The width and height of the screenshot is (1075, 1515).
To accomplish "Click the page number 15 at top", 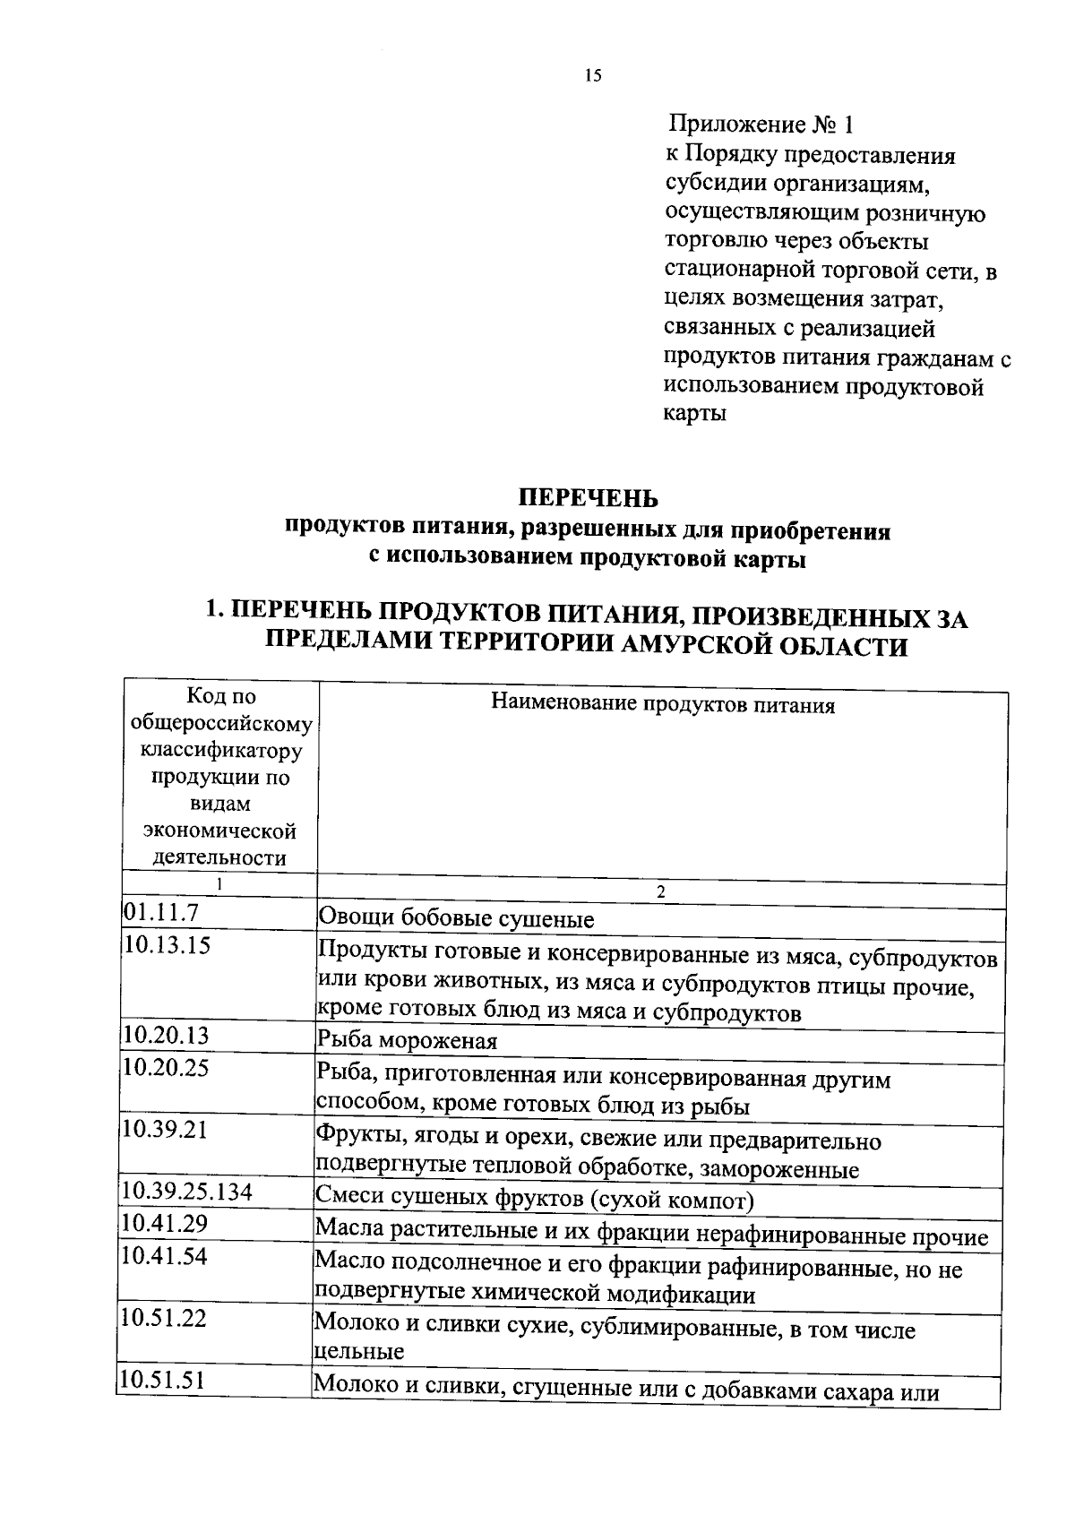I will [593, 76].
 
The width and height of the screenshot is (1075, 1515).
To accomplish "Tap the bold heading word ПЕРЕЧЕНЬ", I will [589, 497].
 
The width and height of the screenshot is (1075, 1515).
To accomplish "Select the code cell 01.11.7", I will [160, 913].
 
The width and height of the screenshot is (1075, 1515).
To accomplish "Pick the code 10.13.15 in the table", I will [168, 945].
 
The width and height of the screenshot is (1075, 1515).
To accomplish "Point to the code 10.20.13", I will [167, 1036].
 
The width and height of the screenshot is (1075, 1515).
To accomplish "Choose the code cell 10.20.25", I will [167, 1067].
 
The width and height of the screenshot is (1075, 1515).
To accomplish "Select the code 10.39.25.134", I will [187, 1191].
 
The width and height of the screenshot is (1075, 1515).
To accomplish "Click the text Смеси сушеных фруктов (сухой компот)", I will [535, 1199].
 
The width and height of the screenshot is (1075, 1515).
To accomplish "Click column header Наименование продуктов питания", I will [663, 705].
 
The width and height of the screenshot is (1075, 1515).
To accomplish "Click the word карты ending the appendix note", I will [695, 414].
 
